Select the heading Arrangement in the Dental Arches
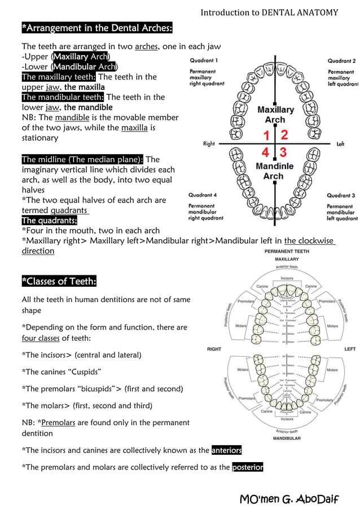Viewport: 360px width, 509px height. pos(96,28)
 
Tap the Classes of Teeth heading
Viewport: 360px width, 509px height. pos(59,281)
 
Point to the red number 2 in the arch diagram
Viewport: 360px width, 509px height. pos(284,135)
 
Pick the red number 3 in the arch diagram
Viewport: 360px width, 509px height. pos(283,152)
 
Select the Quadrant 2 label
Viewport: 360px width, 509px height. pos(341,60)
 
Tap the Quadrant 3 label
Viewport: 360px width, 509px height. pos(341,195)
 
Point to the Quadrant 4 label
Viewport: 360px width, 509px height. pos(203,195)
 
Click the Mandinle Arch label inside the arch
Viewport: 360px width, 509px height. pos(274,171)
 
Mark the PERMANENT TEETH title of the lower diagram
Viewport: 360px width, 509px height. pos(287,251)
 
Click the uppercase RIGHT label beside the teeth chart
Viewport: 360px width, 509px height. pos(214,349)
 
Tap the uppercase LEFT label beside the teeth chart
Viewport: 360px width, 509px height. pos(350,349)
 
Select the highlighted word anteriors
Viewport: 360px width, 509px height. pos(226,450)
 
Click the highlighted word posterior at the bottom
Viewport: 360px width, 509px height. pos(248,467)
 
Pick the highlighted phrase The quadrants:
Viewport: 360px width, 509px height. pos(50,220)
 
